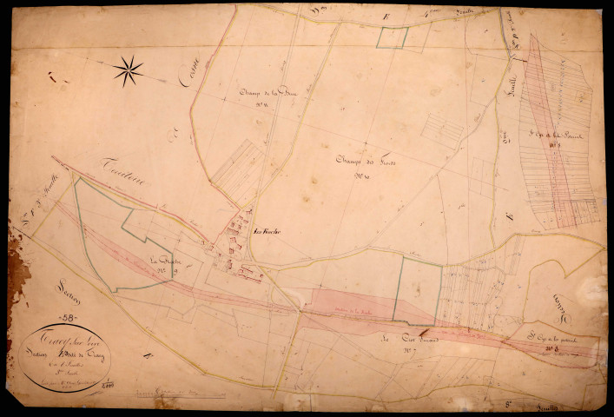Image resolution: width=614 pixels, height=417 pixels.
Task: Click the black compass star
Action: [128, 70]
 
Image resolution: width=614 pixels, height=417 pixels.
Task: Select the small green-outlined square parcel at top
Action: [393, 37]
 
